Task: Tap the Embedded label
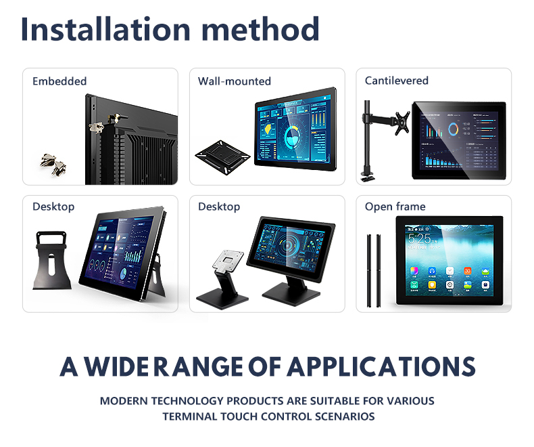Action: tap(59, 81)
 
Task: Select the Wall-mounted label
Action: tap(234, 81)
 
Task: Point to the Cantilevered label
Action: tap(396, 81)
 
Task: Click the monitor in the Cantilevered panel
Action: tap(459, 140)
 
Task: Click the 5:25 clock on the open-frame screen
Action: tap(420, 239)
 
